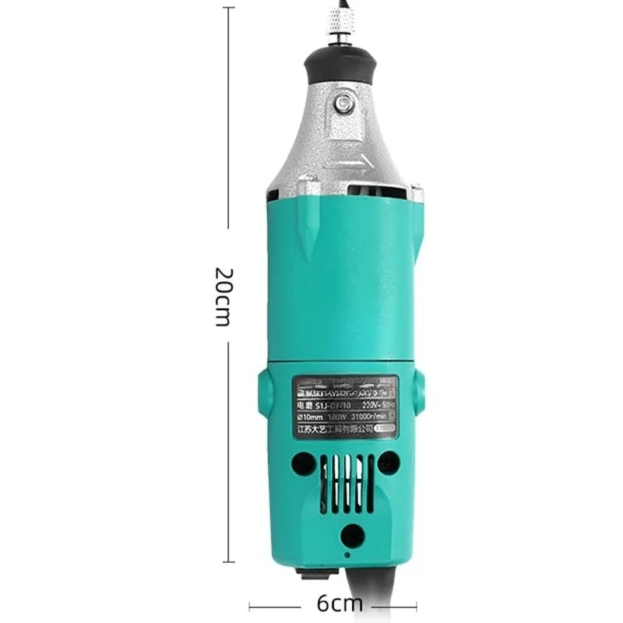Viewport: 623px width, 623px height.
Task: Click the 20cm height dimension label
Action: pos(223,297)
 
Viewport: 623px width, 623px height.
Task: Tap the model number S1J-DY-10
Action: pos(321,405)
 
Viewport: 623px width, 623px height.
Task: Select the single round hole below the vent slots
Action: pos(353,533)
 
